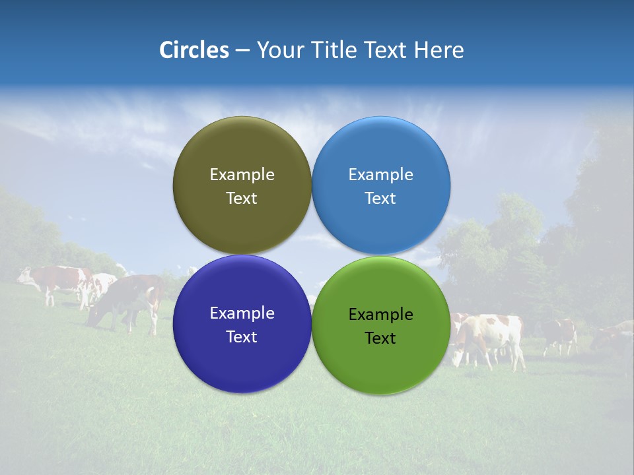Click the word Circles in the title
[x=194, y=50]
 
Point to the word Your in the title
[x=277, y=50]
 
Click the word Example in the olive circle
[x=242, y=175]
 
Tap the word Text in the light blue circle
[x=380, y=199]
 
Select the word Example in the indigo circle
[x=242, y=313]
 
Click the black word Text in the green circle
[x=380, y=338]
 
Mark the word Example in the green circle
[x=380, y=315]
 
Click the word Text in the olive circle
[x=242, y=199]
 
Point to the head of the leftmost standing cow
[x=24, y=275]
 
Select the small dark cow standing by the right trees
[x=560, y=333]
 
